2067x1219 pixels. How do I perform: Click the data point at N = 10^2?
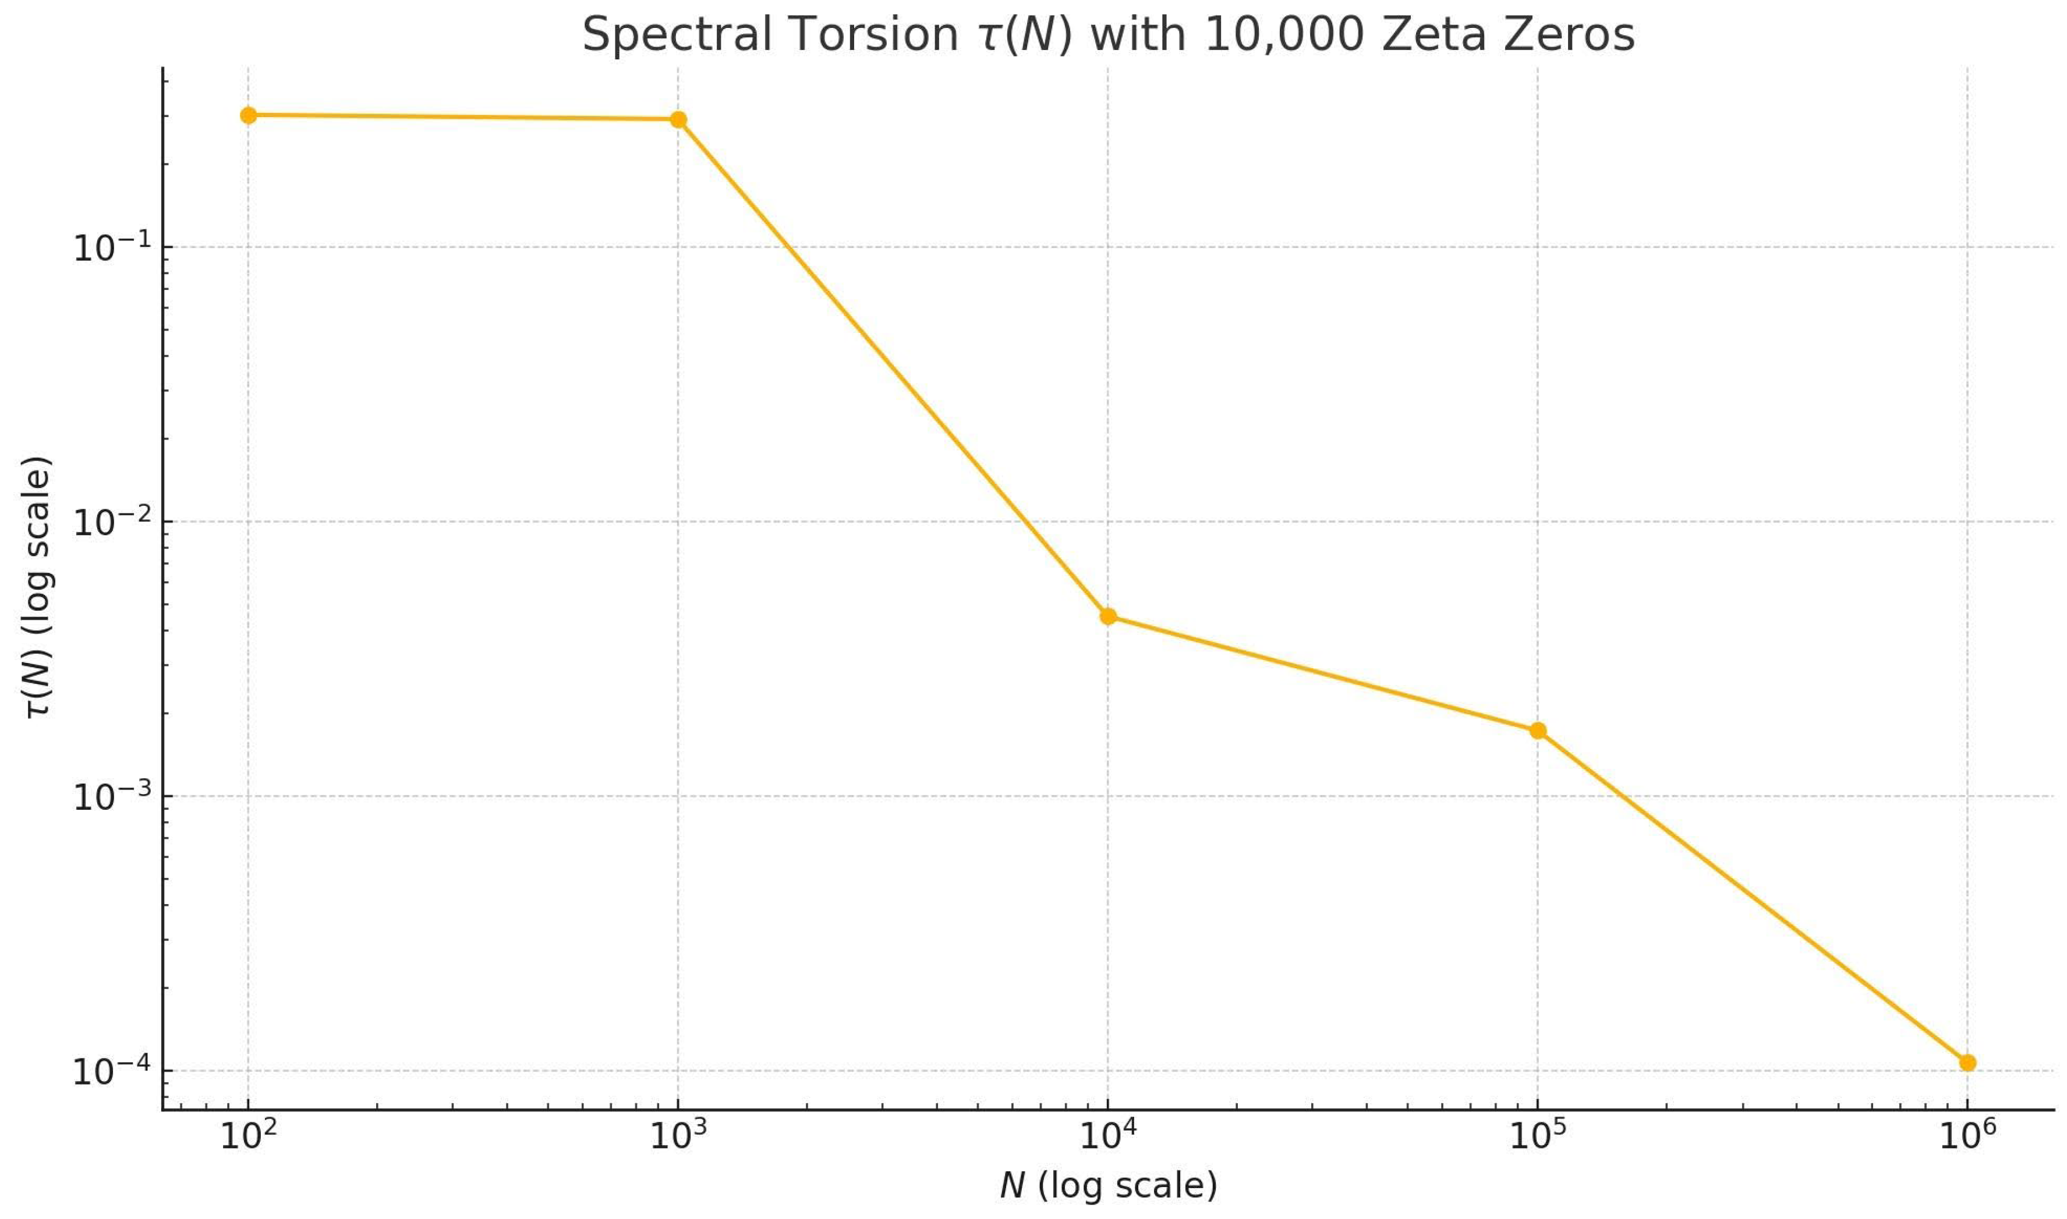[248, 115]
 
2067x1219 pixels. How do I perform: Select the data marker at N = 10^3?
[678, 120]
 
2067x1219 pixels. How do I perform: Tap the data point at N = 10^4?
[1107, 616]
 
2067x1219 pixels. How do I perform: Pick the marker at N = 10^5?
[1537, 730]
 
